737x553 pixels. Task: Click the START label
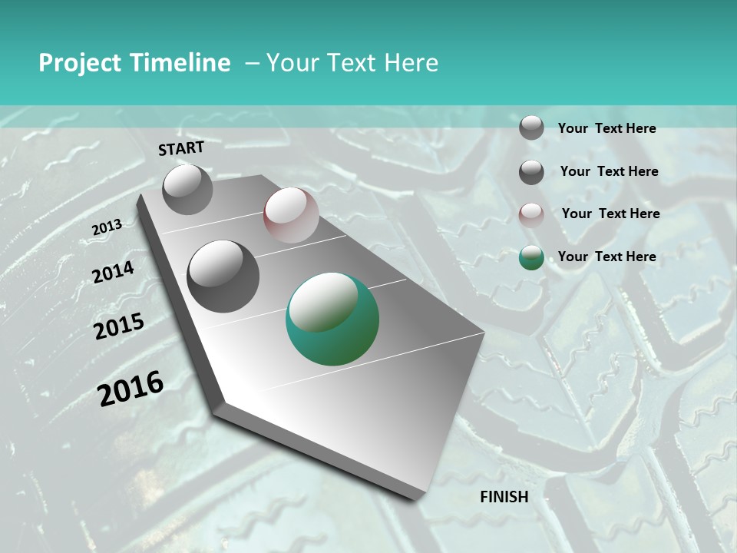[x=181, y=148]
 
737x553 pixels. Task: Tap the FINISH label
[x=504, y=497]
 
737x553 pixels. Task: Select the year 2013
[x=107, y=227]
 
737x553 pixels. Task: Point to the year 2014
[x=113, y=272]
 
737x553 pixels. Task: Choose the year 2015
[x=119, y=326]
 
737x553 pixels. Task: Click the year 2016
[x=131, y=389]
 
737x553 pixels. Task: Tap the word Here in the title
[x=411, y=63]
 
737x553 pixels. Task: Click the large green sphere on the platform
[x=332, y=319]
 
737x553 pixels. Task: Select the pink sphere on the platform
[x=291, y=215]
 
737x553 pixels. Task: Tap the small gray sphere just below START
[x=188, y=189]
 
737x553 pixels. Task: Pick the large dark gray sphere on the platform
[x=223, y=276]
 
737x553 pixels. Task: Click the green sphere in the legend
[x=531, y=258]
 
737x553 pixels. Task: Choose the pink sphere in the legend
[x=531, y=215]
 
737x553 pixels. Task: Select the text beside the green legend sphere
[x=606, y=257]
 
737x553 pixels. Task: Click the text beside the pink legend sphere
[x=610, y=214]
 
